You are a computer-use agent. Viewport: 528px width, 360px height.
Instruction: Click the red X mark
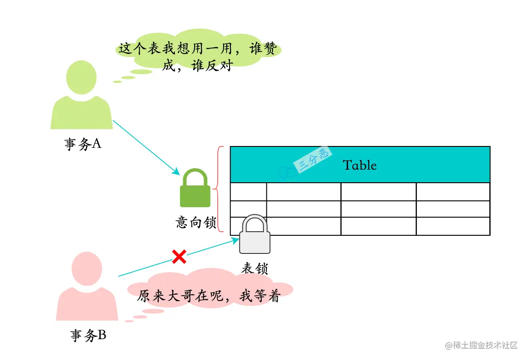tap(179, 257)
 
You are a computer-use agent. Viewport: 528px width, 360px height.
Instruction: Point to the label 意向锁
tap(196, 223)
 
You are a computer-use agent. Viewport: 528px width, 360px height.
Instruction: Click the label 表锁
tap(254, 268)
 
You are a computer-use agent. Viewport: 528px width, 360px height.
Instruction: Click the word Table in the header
tap(360, 165)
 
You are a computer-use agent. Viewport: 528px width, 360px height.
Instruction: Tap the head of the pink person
tap(87, 268)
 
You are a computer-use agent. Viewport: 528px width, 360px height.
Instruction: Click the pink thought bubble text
tap(209, 296)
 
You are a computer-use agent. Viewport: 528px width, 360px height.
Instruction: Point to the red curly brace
tap(220, 189)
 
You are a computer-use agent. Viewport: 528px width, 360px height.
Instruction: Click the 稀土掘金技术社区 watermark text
tap(481, 345)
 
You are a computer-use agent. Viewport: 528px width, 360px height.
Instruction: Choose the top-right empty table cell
tap(453, 192)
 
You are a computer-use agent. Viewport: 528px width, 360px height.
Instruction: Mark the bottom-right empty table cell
tap(453, 226)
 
